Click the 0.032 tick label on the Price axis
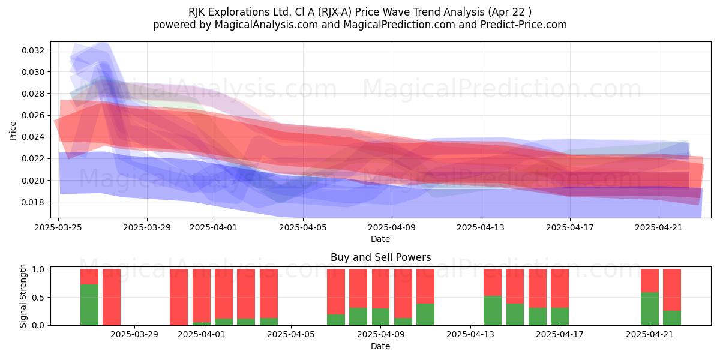(x=33, y=50)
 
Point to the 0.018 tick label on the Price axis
(x=33, y=203)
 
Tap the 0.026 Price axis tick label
(x=33, y=115)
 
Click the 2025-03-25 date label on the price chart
(x=58, y=227)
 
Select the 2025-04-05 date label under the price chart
(x=303, y=227)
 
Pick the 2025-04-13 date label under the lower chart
(x=470, y=334)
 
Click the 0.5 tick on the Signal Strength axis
(x=38, y=298)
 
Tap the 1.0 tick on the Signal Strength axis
(x=38, y=269)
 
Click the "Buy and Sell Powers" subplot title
(x=380, y=257)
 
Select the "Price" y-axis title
(x=13, y=131)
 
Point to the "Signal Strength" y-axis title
(x=23, y=296)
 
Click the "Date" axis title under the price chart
(x=380, y=239)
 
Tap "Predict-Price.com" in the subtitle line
(x=524, y=25)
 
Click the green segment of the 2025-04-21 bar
(x=650, y=308)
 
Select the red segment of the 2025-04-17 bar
(x=560, y=289)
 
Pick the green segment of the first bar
(x=89, y=305)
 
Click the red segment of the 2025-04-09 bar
(x=380, y=289)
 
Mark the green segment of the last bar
(x=672, y=318)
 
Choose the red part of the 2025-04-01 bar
(x=202, y=295)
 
